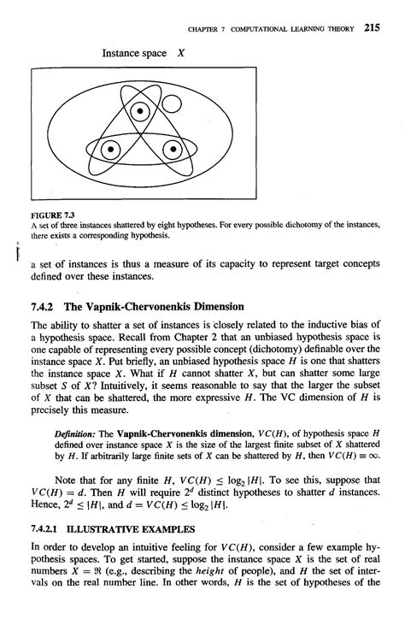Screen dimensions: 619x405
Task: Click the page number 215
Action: point(371,27)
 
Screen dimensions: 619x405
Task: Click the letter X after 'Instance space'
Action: point(181,52)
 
